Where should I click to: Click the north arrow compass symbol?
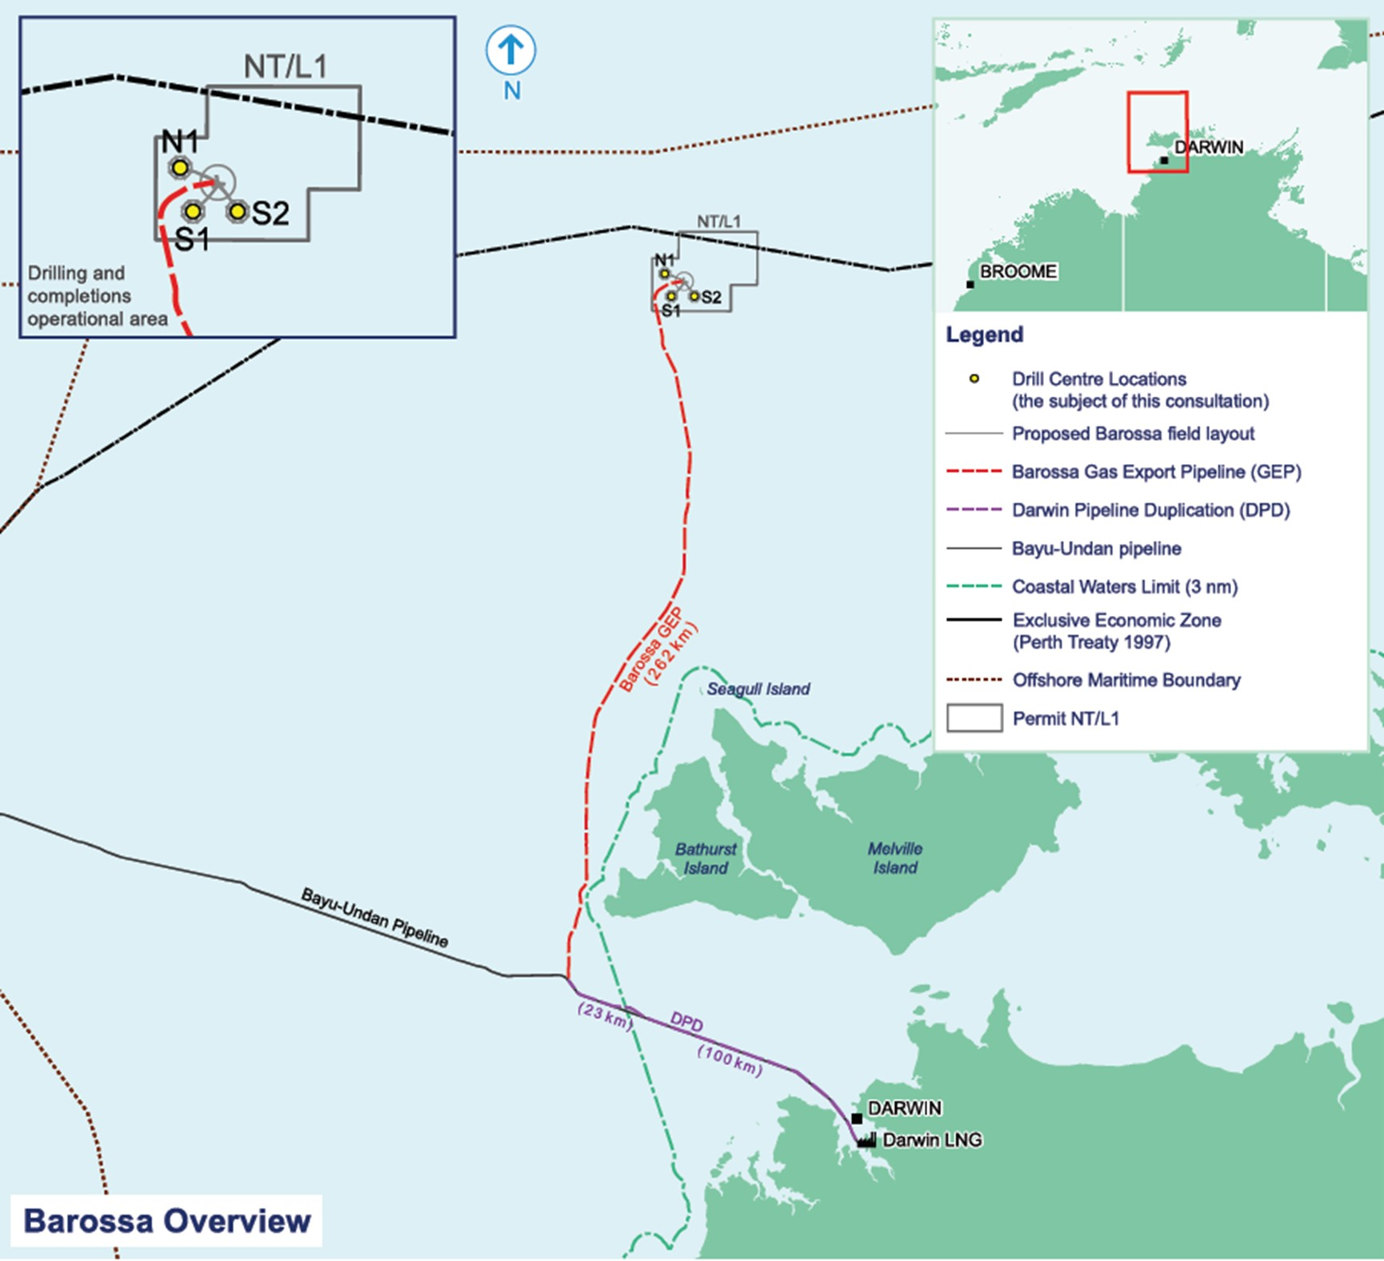pos(510,51)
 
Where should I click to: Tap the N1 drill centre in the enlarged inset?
pos(180,168)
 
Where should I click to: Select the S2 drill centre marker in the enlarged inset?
pos(237,212)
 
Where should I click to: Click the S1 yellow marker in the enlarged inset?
pos(192,212)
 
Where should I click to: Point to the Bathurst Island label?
pos(705,859)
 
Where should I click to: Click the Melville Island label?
pos(895,858)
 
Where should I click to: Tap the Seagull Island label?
pos(758,689)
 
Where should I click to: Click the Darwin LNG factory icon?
pos(866,1139)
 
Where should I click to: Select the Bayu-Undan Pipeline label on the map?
pos(374,918)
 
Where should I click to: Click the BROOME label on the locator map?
pos(1018,272)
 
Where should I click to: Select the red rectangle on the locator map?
pos(1157,132)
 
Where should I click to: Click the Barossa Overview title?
pos(166,1221)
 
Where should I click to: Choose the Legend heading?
pos(984,334)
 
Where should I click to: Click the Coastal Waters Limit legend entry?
pos(1124,586)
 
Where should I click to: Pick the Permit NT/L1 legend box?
pos(974,718)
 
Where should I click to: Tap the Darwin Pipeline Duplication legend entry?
pos(1150,510)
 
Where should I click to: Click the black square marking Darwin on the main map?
pos(857,1118)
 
